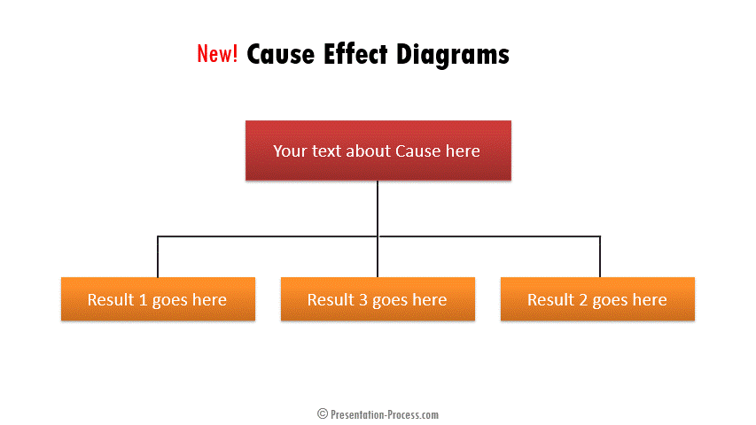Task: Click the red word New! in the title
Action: click(x=217, y=53)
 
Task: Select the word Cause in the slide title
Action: click(x=281, y=54)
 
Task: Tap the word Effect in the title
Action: click(x=355, y=53)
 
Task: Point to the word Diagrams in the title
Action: click(x=453, y=55)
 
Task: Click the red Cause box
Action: click(x=378, y=151)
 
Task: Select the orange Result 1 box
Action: click(x=158, y=298)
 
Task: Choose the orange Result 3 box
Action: click(x=378, y=298)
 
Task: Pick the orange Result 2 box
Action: click(x=598, y=298)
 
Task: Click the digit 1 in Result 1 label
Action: click(x=143, y=300)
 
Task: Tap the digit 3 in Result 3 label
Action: click(x=363, y=300)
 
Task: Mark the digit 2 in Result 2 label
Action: click(x=583, y=300)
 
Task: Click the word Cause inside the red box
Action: click(x=418, y=151)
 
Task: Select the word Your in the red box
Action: click(x=290, y=151)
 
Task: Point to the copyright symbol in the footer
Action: click(x=323, y=413)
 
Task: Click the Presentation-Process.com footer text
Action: click(x=385, y=414)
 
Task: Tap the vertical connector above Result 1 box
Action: click(x=158, y=257)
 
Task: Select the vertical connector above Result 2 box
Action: click(x=600, y=257)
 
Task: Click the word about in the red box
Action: click(x=368, y=151)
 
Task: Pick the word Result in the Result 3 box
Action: click(x=331, y=300)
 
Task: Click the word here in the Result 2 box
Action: click(x=650, y=300)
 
